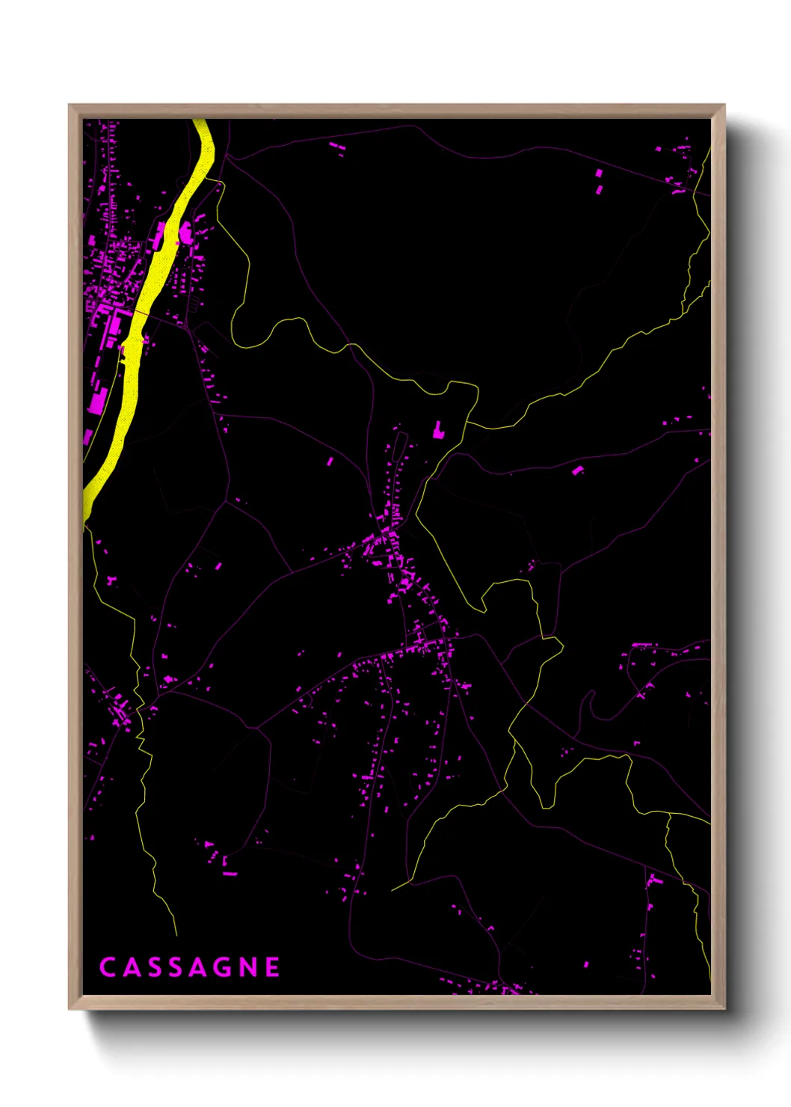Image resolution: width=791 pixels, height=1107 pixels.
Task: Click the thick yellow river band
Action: click(x=150, y=299)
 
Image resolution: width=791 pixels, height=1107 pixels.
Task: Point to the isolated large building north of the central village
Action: click(x=438, y=430)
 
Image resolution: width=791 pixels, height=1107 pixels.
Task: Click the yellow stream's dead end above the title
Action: click(x=176, y=934)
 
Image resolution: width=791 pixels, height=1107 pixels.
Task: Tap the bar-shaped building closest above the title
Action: click(x=230, y=873)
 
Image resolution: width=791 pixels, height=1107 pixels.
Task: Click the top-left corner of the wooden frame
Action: click(x=70, y=105)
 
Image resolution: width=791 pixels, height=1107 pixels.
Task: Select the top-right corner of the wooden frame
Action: click(x=724, y=105)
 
